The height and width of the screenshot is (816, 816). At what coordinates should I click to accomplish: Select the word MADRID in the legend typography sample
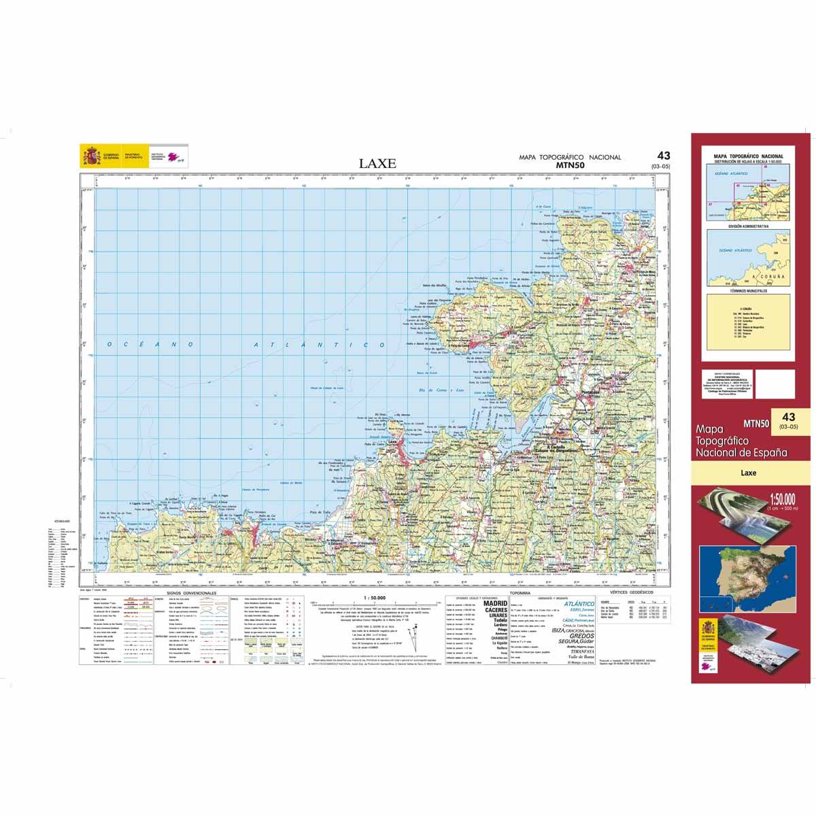(494, 603)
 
